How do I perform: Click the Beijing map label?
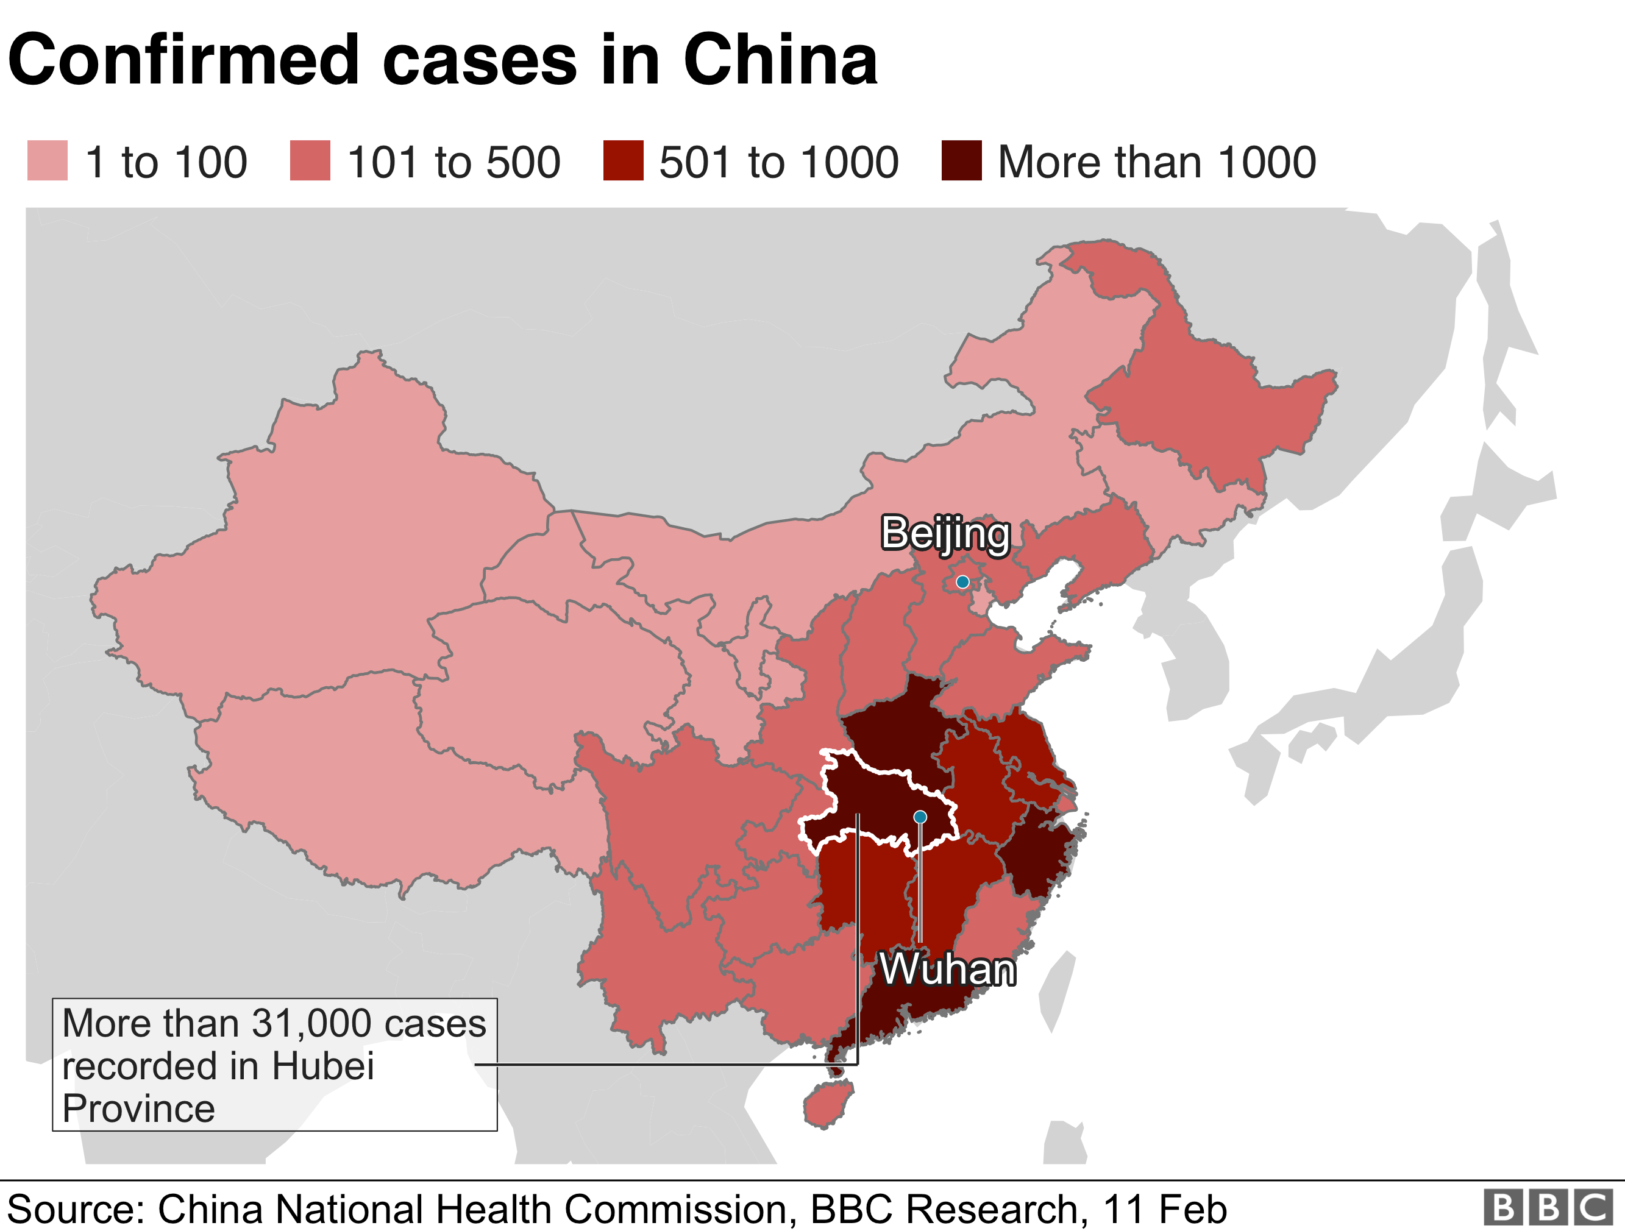pyautogui.click(x=945, y=533)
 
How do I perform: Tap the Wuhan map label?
pyautogui.click(x=948, y=970)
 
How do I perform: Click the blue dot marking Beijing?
pyautogui.click(x=962, y=583)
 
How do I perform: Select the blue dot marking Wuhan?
pyautogui.click(x=920, y=817)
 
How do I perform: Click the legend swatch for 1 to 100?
pyautogui.click(x=47, y=160)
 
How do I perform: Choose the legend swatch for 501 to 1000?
pyautogui.click(x=623, y=160)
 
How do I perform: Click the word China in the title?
pyautogui.click(x=780, y=60)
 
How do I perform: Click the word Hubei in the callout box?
pyautogui.click(x=322, y=1066)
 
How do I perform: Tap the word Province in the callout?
pyautogui.click(x=138, y=1109)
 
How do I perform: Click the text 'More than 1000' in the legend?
pyautogui.click(x=1156, y=161)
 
